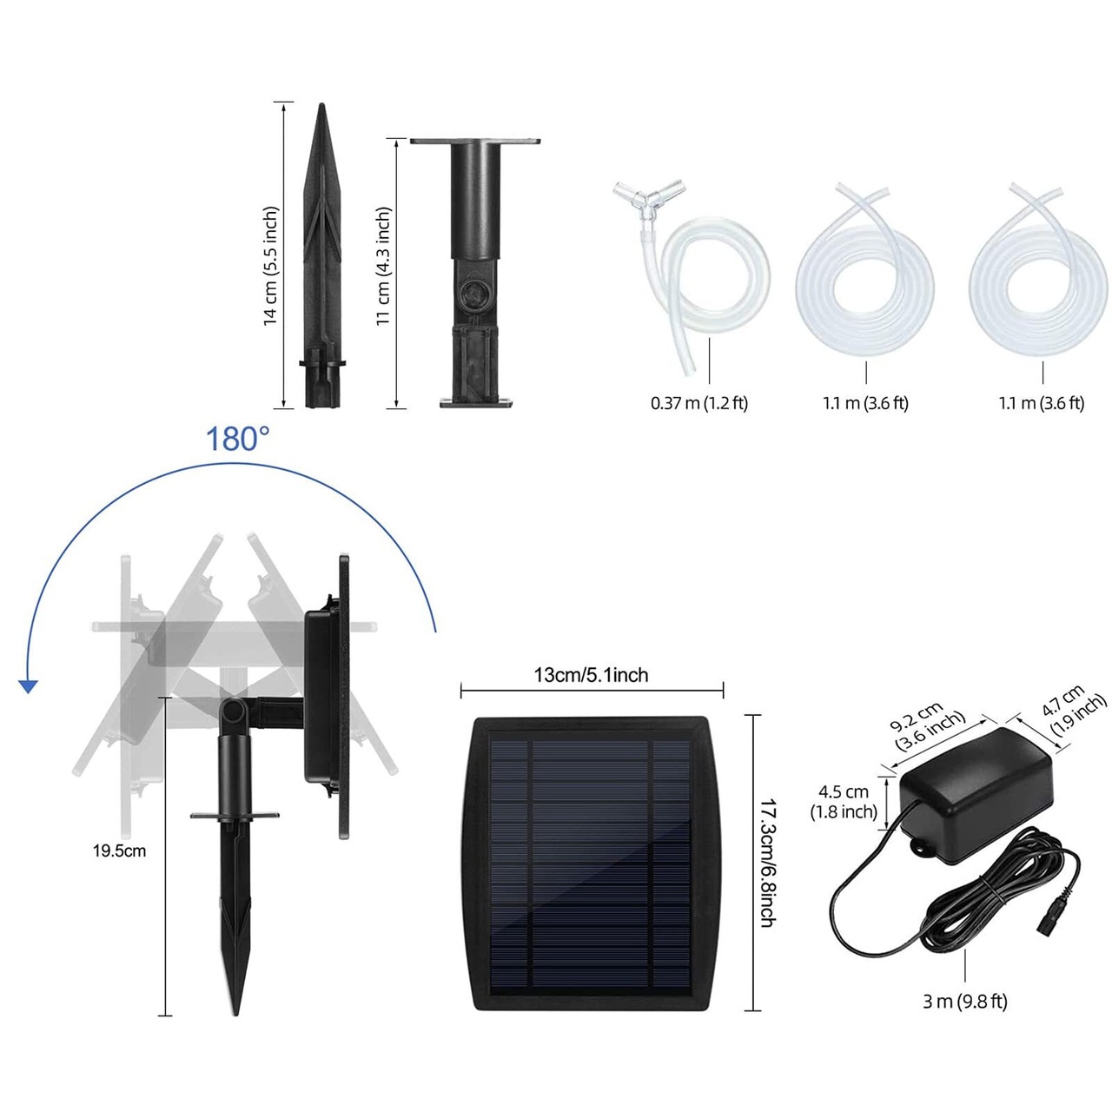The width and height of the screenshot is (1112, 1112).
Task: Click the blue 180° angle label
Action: (x=237, y=439)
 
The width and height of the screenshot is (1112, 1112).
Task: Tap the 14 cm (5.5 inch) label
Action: (x=271, y=266)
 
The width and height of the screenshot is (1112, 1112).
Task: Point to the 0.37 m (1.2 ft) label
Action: (x=698, y=403)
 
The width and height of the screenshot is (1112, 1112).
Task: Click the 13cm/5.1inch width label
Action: (x=591, y=675)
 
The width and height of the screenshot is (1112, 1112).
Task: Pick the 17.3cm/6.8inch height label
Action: (x=766, y=864)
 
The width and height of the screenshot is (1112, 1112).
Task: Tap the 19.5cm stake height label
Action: (x=119, y=851)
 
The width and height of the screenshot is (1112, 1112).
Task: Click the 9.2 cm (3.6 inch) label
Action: (x=927, y=725)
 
